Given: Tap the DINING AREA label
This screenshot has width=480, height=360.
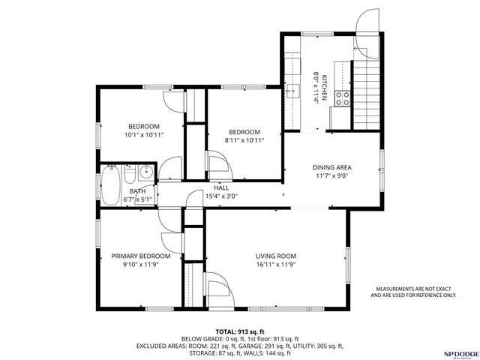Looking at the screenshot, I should pyautogui.click(x=332, y=167).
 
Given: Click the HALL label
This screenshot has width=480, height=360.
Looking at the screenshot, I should pyautogui.click(x=221, y=187).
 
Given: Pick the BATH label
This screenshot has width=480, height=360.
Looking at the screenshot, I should pyautogui.click(x=137, y=191).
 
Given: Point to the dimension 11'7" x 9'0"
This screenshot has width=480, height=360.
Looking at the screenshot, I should pyautogui.click(x=332, y=176).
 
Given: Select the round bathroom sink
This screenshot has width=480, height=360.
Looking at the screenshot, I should pyautogui.click(x=145, y=173).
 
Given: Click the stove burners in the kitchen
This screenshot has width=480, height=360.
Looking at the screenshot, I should pyautogui.click(x=342, y=96).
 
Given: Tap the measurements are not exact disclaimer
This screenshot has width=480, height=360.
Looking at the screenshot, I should pyautogui.click(x=413, y=292).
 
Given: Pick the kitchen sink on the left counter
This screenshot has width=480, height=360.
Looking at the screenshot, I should pyautogui.click(x=289, y=93).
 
